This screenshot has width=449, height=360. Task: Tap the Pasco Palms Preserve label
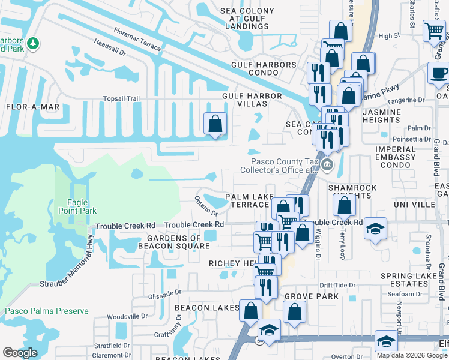[x=47, y=311]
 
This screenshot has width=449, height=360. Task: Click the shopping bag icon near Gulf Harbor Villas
[x=215, y=124]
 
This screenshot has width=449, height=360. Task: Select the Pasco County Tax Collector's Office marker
[x=327, y=164]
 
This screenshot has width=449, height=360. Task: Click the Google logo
[x=20, y=353]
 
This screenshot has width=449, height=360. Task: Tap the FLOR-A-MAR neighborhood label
[x=32, y=107]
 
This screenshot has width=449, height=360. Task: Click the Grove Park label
[x=312, y=296]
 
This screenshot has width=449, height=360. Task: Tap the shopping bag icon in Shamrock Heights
[x=345, y=206]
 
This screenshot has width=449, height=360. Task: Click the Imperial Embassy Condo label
[x=395, y=153]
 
